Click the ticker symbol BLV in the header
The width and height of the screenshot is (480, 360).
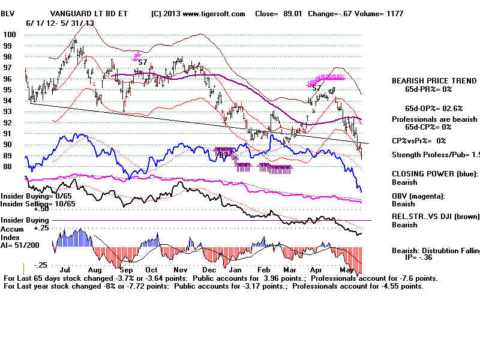click(x=9, y=13)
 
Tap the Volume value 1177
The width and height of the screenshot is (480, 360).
click(x=394, y=13)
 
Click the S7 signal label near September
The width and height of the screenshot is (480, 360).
click(x=143, y=62)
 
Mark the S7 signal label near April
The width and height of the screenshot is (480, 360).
click(x=316, y=88)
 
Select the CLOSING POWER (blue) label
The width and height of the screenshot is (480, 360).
click(x=435, y=173)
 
